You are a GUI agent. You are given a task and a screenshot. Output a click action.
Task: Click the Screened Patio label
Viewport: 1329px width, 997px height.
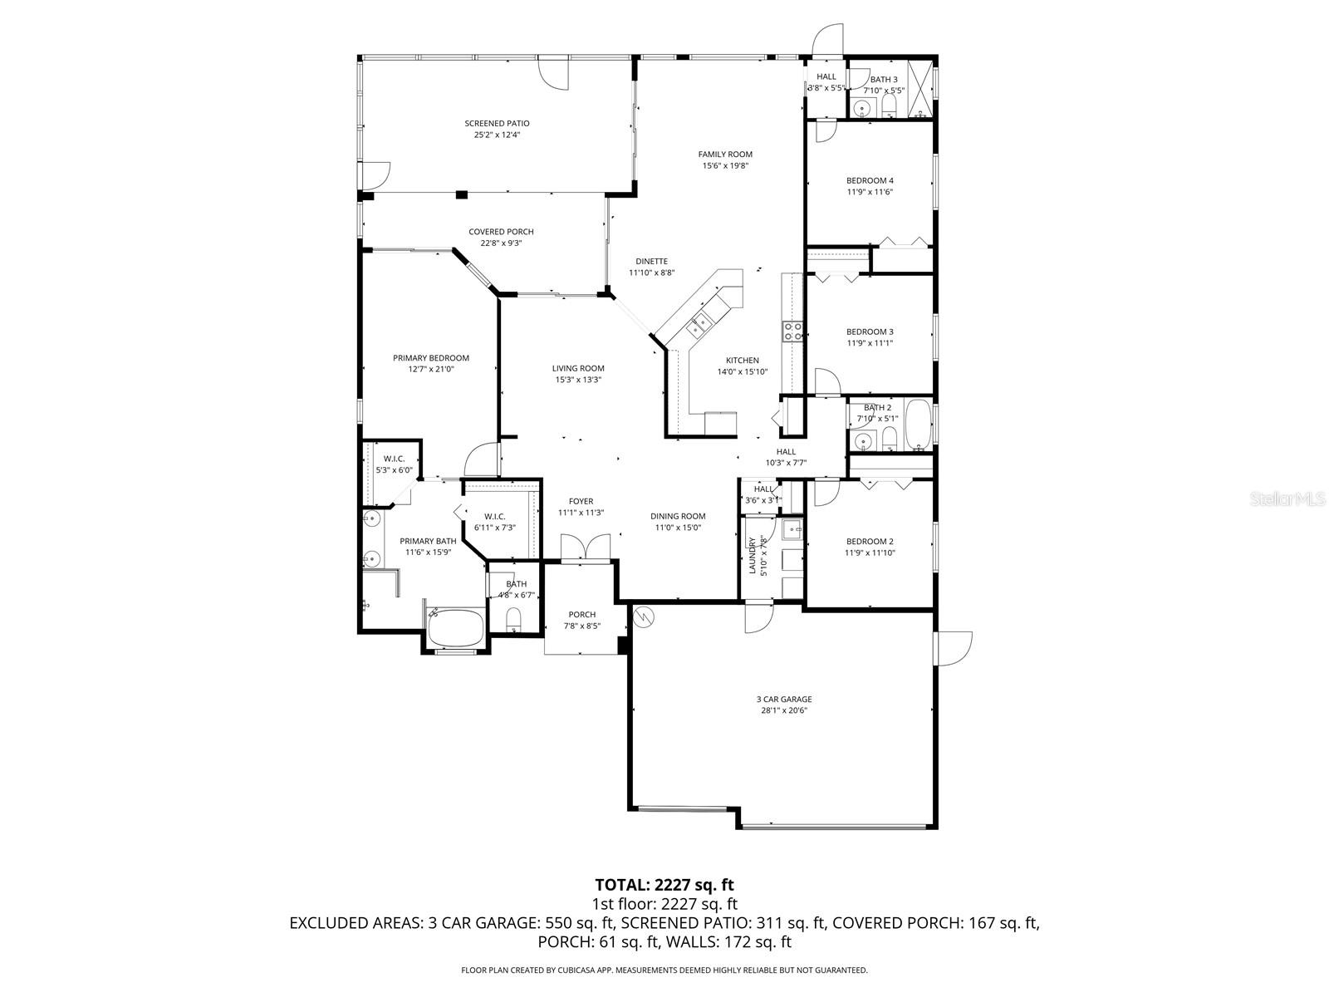[497, 123]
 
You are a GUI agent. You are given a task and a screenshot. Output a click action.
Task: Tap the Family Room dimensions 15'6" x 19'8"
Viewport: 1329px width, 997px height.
[724, 165]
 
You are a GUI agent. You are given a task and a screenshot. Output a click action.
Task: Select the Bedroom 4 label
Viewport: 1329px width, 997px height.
[870, 180]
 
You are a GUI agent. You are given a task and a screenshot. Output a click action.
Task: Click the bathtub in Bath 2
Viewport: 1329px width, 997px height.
[918, 424]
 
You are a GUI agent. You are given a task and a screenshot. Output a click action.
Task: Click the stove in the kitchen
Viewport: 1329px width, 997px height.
[792, 332]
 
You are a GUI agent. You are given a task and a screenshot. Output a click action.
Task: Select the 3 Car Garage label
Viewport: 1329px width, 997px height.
[784, 699]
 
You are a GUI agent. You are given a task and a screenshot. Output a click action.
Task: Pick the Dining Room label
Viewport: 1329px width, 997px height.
[678, 516]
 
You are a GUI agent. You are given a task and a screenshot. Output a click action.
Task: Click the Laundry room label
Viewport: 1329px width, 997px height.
[753, 556]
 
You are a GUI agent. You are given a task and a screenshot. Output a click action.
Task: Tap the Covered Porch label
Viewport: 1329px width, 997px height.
[501, 232]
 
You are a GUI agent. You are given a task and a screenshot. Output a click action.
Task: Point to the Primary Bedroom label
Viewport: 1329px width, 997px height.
[431, 358]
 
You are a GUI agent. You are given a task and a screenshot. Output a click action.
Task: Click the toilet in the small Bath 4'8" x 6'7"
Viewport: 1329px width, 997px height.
[513, 619]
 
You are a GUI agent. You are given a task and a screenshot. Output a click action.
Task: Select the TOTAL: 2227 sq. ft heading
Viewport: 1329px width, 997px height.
[664, 884]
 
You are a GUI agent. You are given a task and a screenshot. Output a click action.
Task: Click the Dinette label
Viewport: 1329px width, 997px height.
[652, 261]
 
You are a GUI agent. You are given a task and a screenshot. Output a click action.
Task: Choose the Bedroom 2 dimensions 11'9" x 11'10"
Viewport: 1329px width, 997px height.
[870, 553]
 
